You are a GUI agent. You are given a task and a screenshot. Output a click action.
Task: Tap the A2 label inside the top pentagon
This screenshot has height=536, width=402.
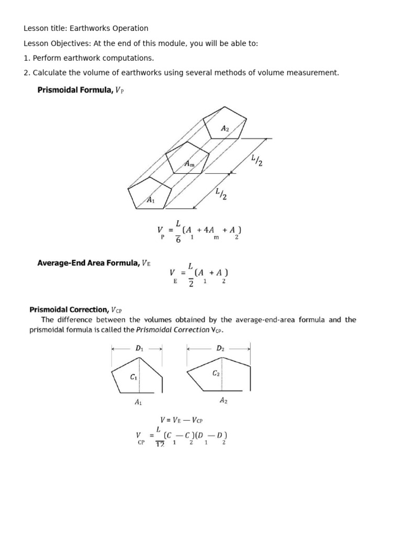(x=225, y=128)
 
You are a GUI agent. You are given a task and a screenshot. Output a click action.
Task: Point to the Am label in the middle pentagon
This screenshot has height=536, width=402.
(x=189, y=164)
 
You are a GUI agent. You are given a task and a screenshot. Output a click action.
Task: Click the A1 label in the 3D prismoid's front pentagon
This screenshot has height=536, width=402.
(x=151, y=200)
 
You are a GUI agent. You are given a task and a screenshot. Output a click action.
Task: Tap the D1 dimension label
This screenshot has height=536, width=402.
(x=139, y=348)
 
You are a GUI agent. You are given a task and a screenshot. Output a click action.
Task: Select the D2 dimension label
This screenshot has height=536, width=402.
(x=220, y=348)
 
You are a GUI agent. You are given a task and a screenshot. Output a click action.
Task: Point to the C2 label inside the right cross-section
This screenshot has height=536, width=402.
(x=216, y=373)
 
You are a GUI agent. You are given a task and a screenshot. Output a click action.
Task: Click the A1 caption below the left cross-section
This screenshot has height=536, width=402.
(x=138, y=402)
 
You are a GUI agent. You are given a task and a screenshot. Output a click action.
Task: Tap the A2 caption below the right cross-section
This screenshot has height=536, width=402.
(x=224, y=400)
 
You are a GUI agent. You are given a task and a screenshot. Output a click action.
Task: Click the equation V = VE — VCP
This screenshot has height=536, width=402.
(x=181, y=419)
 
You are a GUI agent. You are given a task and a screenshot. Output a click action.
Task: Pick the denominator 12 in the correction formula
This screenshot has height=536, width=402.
(x=160, y=444)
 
